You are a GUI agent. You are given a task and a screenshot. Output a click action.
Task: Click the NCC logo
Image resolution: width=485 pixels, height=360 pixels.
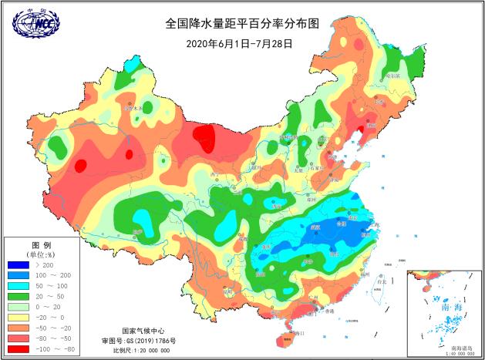click(35, 24)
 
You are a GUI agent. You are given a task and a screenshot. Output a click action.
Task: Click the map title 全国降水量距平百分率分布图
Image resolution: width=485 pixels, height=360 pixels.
click(242, 24)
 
